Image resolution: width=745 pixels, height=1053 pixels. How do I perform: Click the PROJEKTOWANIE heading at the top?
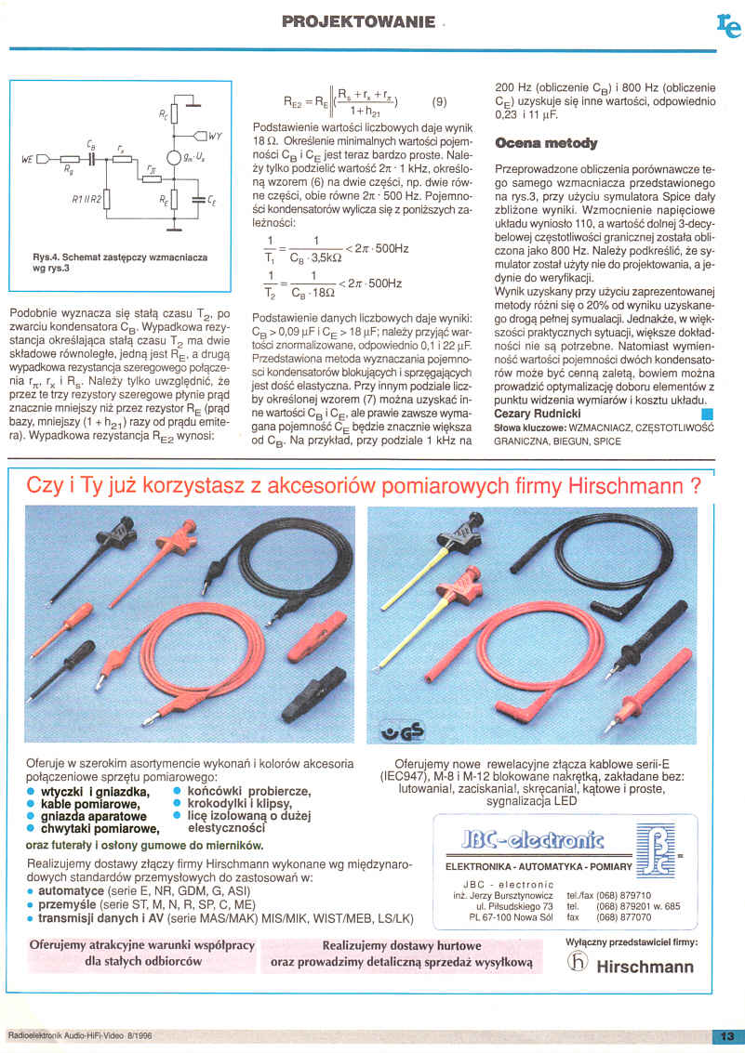pyautogui.click(x=359, y=21)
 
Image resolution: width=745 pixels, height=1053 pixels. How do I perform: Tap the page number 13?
pyautogui.click(x=727, y=1036)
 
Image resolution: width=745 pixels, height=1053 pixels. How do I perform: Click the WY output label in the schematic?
pyautogui.click(x=215, y=137)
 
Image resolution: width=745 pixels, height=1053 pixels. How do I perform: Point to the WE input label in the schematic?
pyautogui.click(x=28, y=159)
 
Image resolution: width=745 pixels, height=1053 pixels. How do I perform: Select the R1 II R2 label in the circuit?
pyautogui.click(x=86, y=200)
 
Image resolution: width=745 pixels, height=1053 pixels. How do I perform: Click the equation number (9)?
pyautogui.click(x=439, y=103)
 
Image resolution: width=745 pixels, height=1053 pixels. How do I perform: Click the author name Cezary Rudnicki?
pyautogui.click(x=538, y=414)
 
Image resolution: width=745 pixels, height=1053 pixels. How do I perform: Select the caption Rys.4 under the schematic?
pyautogui.click(x=120, y=263)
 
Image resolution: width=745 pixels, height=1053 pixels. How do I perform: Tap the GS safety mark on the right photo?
pyautogui.click(x=403, y=731)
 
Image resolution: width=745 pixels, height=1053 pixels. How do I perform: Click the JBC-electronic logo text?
pyautogui.click(x=533, y=840)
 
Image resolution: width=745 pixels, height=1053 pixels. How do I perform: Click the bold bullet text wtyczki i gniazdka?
pyautogui.click(x=94, y=792)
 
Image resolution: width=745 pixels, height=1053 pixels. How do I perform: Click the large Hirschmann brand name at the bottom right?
pyautogui.click(x=645, y=967)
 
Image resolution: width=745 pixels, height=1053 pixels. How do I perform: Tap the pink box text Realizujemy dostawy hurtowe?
pyautogui.click(x=402, y=945)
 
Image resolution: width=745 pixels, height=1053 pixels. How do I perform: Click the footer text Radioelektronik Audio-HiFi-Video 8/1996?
pyautogui.click(x=80, y=1035)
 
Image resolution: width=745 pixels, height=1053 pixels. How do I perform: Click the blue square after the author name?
pyautogui.click(x=707, y=415)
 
